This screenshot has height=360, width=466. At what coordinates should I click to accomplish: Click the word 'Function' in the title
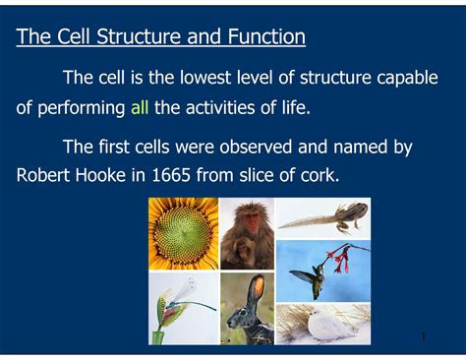263,37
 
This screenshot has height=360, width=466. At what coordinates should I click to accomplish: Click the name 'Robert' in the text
48,177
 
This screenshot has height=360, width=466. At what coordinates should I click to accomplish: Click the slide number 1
423,337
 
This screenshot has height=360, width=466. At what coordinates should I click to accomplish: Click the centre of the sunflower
183,233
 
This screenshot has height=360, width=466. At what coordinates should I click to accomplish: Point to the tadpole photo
322,217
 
